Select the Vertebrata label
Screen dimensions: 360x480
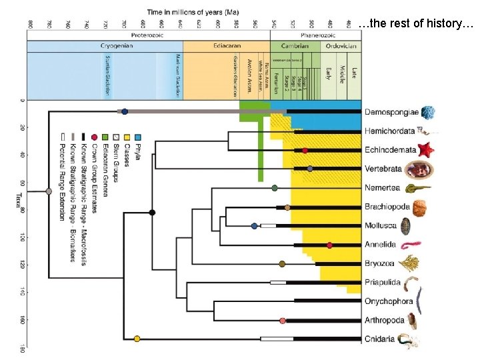click(383, 169)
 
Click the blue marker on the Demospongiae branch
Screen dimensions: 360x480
click(125, 112)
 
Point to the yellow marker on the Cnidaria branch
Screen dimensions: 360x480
click(137, 339)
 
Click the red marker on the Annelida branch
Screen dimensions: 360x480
click(329, 245)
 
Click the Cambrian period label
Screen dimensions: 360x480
click(295, 46)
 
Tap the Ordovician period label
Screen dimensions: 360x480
click(341, 46)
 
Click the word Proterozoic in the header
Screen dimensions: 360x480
click(149, 34)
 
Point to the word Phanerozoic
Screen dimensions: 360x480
click(318, 34)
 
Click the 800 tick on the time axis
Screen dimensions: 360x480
click(30, 24)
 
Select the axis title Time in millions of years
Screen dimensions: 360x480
click(193, 12)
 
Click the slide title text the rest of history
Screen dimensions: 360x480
click(415, 25)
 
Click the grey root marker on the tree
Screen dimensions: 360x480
click(49, 191)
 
